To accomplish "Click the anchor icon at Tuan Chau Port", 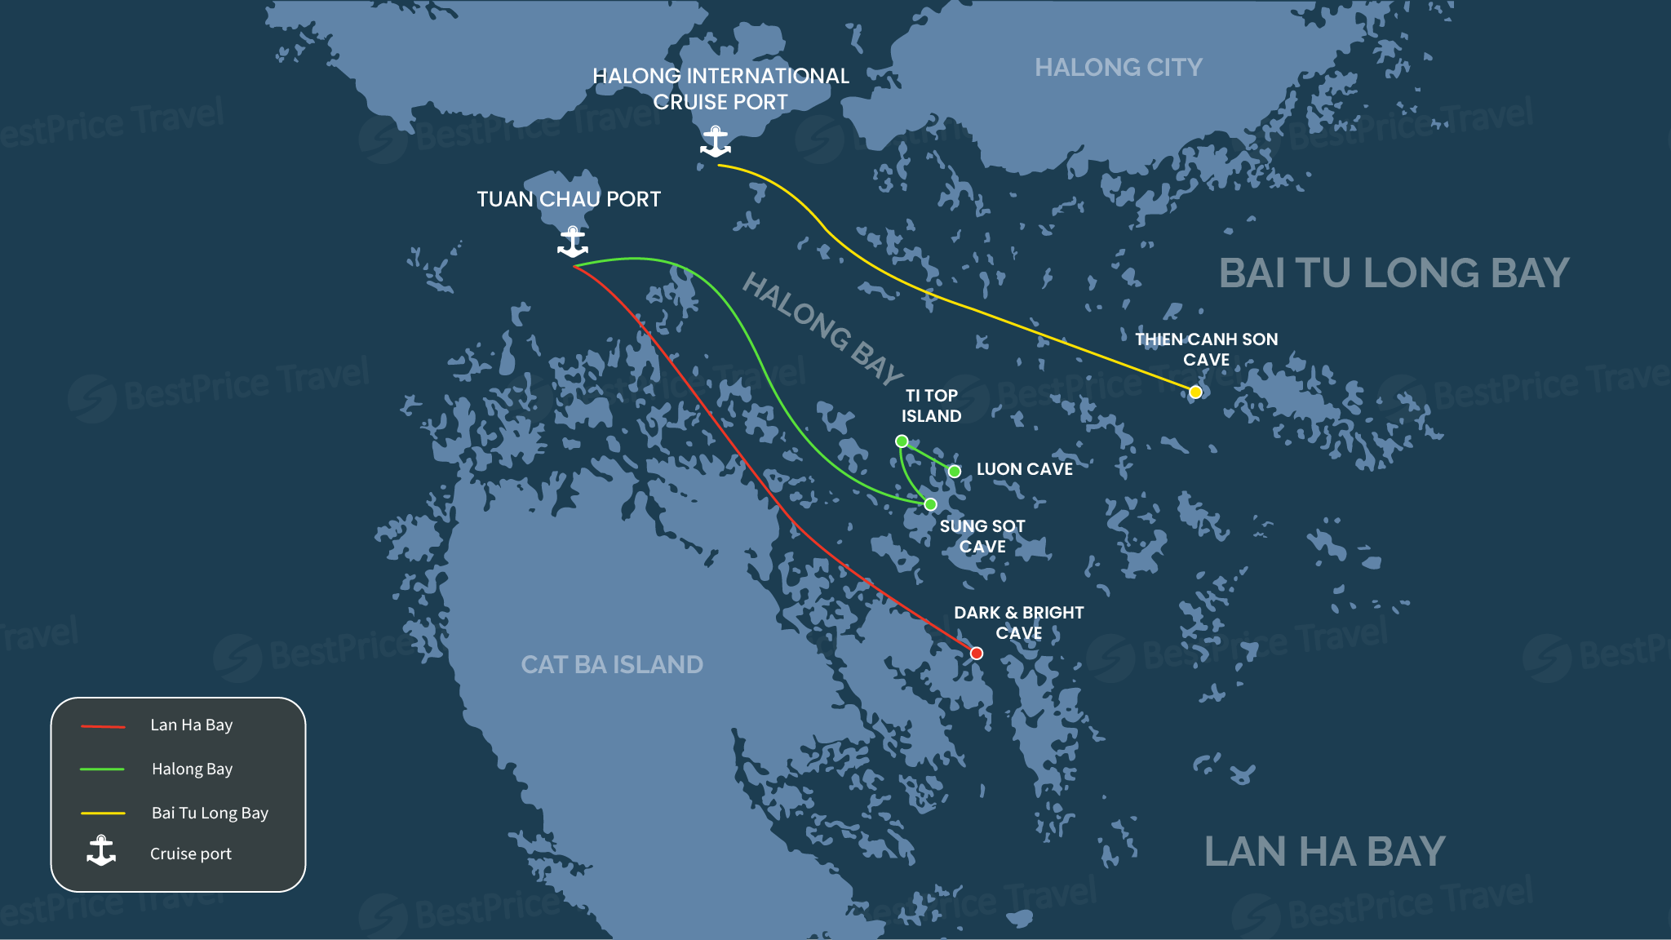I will click(573, 242).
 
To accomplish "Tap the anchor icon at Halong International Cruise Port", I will click(716, 142).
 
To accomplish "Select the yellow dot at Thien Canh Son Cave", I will click(1195, 392).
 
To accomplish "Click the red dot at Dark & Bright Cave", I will click(977, 654).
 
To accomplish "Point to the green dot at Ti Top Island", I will click(902, 441).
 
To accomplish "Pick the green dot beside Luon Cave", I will click(955, 472).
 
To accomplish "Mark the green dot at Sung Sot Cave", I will click(930, 504).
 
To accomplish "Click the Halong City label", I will click(1119, 68).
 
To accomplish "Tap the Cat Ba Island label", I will click(612, 665).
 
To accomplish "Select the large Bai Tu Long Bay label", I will click(1394, 273).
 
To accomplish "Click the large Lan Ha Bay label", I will click(1324, 852).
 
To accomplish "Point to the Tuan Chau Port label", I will click(569, 199).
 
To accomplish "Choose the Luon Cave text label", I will click(1025, 469).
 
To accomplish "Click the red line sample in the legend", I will click(103, 726).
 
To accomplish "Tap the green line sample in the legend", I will click(102, 769).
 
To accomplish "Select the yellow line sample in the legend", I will click(103, 814).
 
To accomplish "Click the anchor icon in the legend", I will click(101, 851).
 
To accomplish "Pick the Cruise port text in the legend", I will click(191, 854).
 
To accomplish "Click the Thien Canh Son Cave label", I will click(1206, 349).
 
